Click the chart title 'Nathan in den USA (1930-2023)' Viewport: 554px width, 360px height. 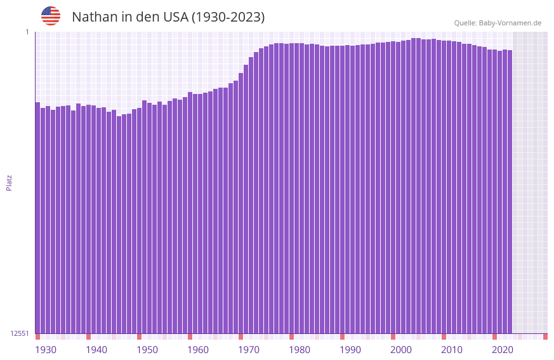pyautogui.click(x=168, y=17)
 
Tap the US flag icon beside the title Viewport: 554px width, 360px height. pyautogui.click(x=51, y=16)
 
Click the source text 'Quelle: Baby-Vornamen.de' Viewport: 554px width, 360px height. pyautogui.click(x=498, y=23)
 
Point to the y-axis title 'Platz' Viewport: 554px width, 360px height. pyautogui.click(x=9, y=182)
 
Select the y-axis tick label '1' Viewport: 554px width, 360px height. pyautogui.click(x=27, y=32)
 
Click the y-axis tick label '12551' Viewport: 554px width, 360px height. pyautogui.click(x=20, y=333)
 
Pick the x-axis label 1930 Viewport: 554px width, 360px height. pyautogui.click(x=46, y=350)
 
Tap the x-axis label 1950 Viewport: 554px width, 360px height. pyautogui.click(x=147, y=350)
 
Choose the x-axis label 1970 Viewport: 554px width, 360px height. pyautogui.click(x=249, y=350)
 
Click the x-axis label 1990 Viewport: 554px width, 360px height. pyautogui.click(x=350, y=350)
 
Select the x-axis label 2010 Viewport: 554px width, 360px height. pyautogui.click(x=452, y=350)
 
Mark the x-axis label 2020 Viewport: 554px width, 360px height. pyautogui.click(x=503, y=350)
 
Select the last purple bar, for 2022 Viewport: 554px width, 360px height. pyautogui.click(x=510, y=190)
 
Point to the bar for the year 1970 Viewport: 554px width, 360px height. pyautogui.click(x=241, y=203)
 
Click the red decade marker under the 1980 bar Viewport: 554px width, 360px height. pyautogui.click(x=291, y=337)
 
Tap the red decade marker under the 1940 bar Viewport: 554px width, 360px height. pyautogui.click(x=88, y=337)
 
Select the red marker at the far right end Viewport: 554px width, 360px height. pyautogui.click(x=545, y=337)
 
